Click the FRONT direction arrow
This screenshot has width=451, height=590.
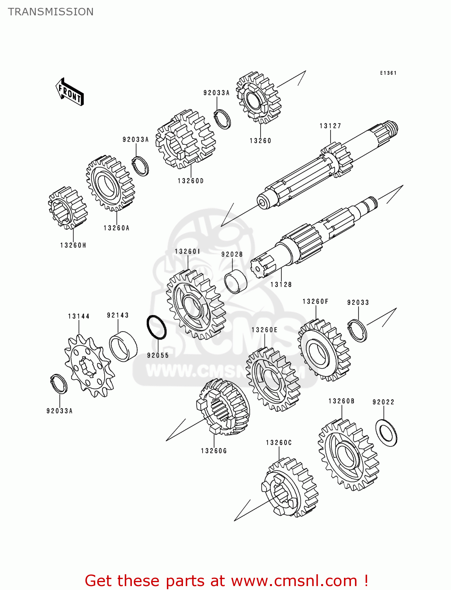tap(70, 92)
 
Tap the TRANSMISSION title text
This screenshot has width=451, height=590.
tap(51, 12)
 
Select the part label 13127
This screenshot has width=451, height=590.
tap(330, 126)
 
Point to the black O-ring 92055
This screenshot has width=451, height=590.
tap(156, 327)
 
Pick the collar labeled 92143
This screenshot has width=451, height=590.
tap(123, 347)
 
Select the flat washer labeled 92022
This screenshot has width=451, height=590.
tap(386, 433)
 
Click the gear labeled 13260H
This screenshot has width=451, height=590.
tap(67, 207)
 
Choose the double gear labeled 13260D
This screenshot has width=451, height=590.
tap(185, 140)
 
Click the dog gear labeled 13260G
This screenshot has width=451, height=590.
tap(223, 407)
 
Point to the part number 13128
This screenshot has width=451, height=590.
tap(281, 284)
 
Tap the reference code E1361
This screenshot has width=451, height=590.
tap(388, 73)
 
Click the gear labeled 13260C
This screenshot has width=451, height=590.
tap(290, 488)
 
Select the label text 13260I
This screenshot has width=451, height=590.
tap(187, 251)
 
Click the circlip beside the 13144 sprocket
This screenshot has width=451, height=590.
tap(59, 384)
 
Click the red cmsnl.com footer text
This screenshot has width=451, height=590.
tap(226, 581)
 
